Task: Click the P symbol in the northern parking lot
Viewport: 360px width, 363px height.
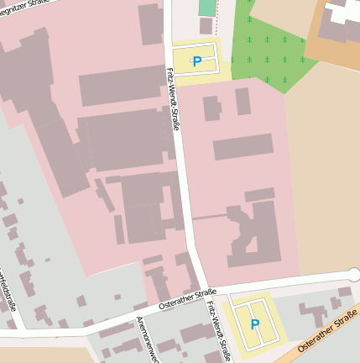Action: [197, 61]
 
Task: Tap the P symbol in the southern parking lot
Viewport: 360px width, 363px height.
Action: [255, 324]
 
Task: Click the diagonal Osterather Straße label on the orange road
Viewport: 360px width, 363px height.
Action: [327, 329]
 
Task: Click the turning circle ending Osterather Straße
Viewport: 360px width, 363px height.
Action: [353, 274]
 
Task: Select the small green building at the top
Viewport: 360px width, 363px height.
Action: [207, 8]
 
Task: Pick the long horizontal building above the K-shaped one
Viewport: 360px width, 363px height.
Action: [243, 147]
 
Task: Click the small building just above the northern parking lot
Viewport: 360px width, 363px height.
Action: [206, 26]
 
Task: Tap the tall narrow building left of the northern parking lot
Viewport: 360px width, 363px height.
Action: [151, 24]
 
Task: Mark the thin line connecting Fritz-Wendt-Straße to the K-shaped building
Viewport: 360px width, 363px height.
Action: [210, 217]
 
